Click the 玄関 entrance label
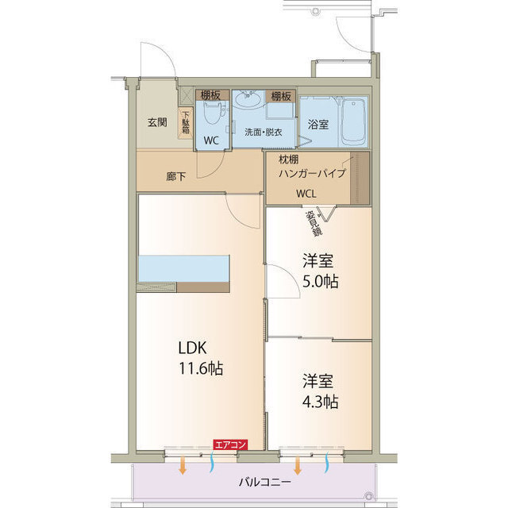pos(156,122)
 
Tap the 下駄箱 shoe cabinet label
pos(186,125)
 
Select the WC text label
pos(210,140)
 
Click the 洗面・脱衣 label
pos(263,132)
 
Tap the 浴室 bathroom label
pos(317,125)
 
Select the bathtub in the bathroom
pos(353,121)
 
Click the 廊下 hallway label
pos(176,176)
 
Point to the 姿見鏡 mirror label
pos(315,223)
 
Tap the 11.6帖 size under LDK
pos(200,368)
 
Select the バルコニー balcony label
pos(264,482)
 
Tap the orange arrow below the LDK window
pos(183,464)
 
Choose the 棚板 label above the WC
pos(209,96)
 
